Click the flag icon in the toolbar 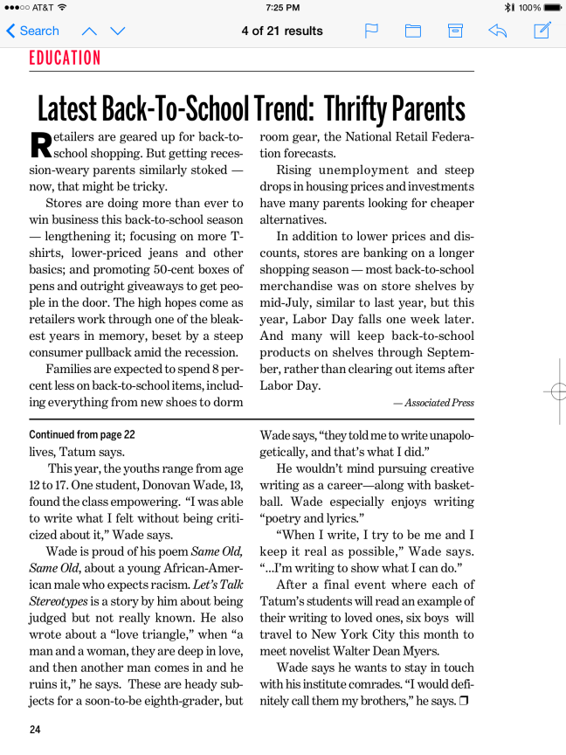(x=371, y=31)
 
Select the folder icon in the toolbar (x=413, y=31)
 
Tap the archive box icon (x=455, y=31)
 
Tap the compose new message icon (x=542, y=31)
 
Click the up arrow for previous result (x=89, y=31)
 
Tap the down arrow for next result (x=118, y=31)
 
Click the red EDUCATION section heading (x=65, y=58)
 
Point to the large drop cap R (x=41, y=146)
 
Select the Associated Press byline (x=433, y=403)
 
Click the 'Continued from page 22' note (x=82, y=434)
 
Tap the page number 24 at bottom (x=35, y=730)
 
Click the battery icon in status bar (x=550, y=7)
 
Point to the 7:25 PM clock (x=282, y=7)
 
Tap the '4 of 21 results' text (x=282, y=31)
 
